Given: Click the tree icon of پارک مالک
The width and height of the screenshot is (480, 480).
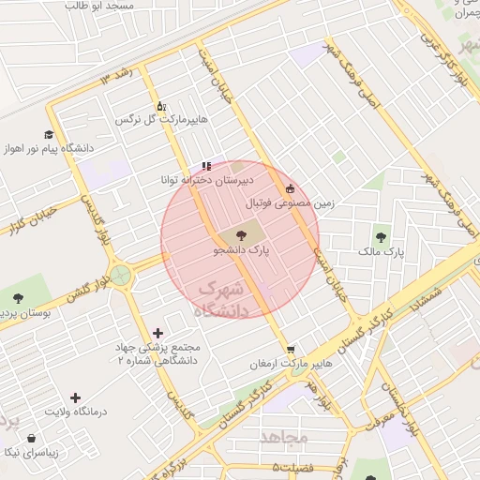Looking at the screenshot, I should click(381, 236).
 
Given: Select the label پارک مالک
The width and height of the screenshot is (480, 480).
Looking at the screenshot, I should click(381, 252).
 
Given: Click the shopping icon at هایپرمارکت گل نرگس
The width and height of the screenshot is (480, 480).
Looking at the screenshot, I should click(160, 106).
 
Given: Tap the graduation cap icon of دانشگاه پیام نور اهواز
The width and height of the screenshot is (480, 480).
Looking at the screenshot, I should click(50, 134).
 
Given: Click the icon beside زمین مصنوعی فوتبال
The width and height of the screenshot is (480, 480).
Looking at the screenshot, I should click(290, 187).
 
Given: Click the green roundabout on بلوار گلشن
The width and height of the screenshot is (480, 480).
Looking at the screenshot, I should click(120, 276).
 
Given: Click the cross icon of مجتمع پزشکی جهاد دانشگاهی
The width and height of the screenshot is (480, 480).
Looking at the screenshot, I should click(157, 333).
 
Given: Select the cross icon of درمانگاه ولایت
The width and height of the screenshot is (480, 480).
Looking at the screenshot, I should click(76, 397).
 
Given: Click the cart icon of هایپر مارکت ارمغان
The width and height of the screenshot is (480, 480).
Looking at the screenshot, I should click(291, 348).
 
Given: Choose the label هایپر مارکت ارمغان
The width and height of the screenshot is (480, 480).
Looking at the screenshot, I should click(291, 363).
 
